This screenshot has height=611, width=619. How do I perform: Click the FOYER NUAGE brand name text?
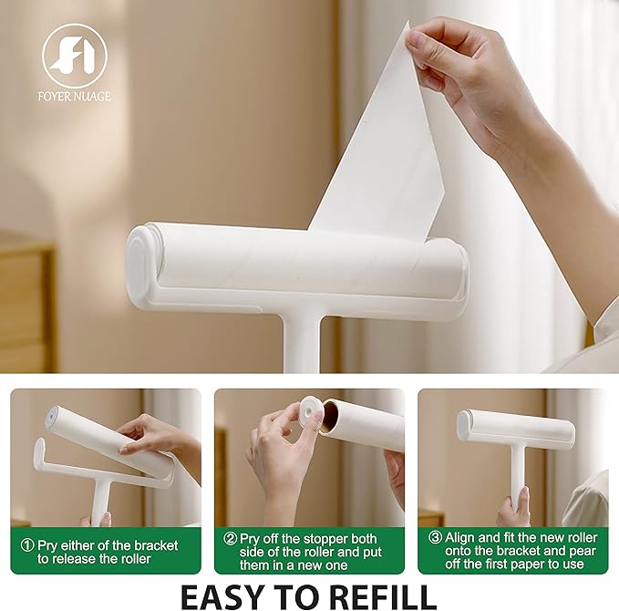pos(75,96)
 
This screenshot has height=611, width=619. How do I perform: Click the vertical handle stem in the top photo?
pos(303,342)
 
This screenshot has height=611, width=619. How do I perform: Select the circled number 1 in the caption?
pos(26,544)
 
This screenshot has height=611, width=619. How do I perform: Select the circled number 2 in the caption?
pos(232,538)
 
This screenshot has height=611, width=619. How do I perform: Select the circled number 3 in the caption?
pos(435,538)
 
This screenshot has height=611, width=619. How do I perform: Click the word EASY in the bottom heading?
pos(226,594)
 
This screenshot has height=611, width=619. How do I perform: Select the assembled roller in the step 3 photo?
pos(515,428)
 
